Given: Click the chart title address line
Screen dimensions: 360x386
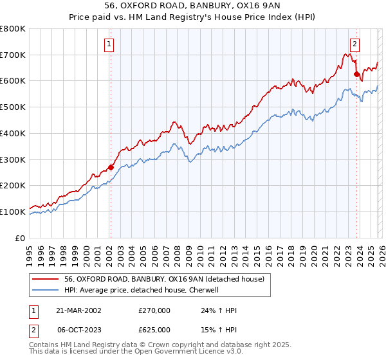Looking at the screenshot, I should tap(192, 6).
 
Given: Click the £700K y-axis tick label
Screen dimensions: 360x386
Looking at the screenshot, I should tap(13, 55).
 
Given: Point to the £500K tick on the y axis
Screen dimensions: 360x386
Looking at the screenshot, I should tap(13, 107).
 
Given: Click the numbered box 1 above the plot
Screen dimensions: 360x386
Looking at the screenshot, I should tap(109, 44).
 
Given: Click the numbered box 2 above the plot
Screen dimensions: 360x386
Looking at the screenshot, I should tap(354, 44).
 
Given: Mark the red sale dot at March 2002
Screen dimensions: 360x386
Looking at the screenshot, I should tap(111, 167).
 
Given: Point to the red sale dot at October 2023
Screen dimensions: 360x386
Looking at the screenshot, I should tap(356, 75).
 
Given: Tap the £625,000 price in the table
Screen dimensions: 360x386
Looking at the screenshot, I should tap(154, 328).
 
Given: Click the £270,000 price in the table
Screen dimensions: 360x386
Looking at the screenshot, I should tap(154, 310).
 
